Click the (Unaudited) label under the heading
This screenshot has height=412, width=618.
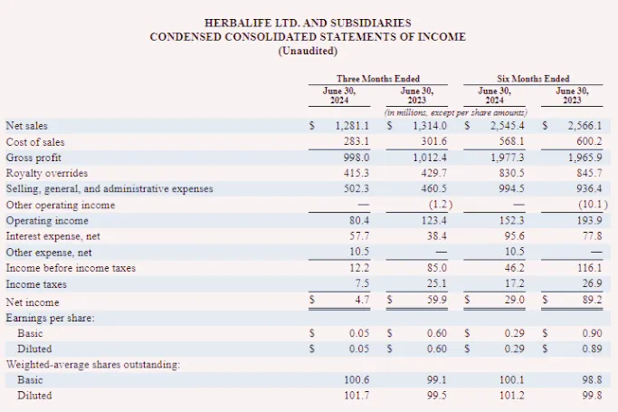[x=308, y=51]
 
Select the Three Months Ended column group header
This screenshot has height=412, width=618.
[x=378, y=79]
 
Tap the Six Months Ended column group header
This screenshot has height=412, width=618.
[x=533, y=79]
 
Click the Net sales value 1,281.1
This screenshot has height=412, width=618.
[x=352, y=126]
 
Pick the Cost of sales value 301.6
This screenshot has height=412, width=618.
[x=433, y=141]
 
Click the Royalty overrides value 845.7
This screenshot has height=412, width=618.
[x=589, y=173]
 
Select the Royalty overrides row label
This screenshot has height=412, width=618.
[x=47, y=173]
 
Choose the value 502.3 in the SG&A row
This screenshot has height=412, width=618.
[x=357, y=188]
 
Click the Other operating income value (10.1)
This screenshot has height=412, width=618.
[x=594, y=205]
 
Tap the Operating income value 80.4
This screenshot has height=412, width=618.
[x=359, y=220]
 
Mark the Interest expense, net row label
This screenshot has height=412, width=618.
[x=52, y=236]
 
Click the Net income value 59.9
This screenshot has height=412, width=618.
[x=436, y=300]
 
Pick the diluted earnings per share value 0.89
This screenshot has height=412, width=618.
[x=592, y=349]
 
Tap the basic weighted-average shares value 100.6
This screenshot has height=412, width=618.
[x=357, y=379]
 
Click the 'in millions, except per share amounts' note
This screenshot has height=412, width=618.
[x=456, y=113]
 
